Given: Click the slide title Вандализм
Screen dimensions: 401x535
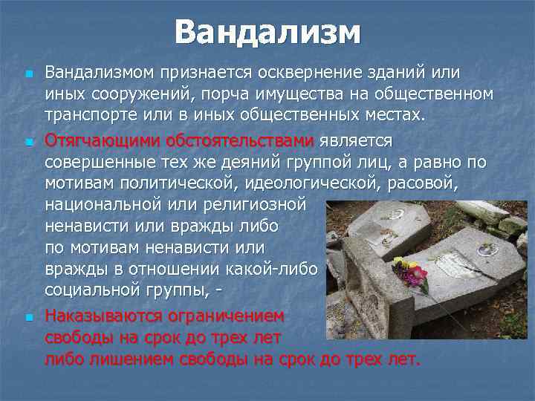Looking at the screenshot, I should [267, 33].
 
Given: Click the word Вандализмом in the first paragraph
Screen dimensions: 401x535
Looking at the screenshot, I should [101, 73].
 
